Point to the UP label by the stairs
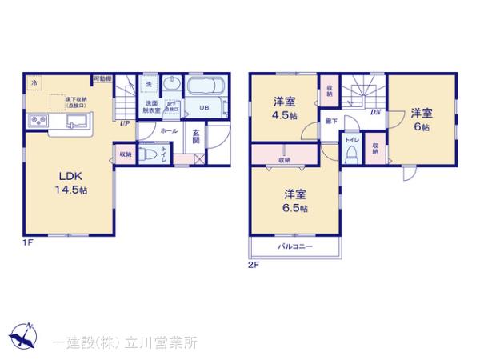125,123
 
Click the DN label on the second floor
375,112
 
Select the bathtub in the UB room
207,87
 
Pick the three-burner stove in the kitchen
38,122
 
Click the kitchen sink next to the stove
75,122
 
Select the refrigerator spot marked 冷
34,82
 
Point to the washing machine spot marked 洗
149,84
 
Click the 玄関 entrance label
196,138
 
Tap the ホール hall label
169,130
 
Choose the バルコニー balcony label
295,246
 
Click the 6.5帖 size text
295,209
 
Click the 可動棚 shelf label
102,78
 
